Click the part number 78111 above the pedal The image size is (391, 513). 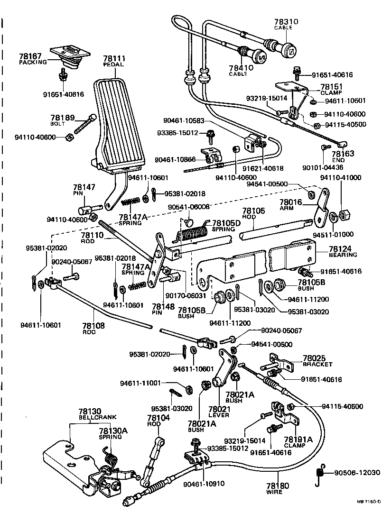tap(114, 59)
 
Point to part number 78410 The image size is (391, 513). tap(242, 68)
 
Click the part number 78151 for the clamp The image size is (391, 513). tap(331, 87)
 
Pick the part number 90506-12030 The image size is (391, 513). tap(358, 472)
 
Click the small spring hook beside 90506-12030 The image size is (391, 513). tap(321, 473)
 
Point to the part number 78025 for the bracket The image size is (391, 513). tap(314, 358)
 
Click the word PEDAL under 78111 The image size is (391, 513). tap(114, 65)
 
